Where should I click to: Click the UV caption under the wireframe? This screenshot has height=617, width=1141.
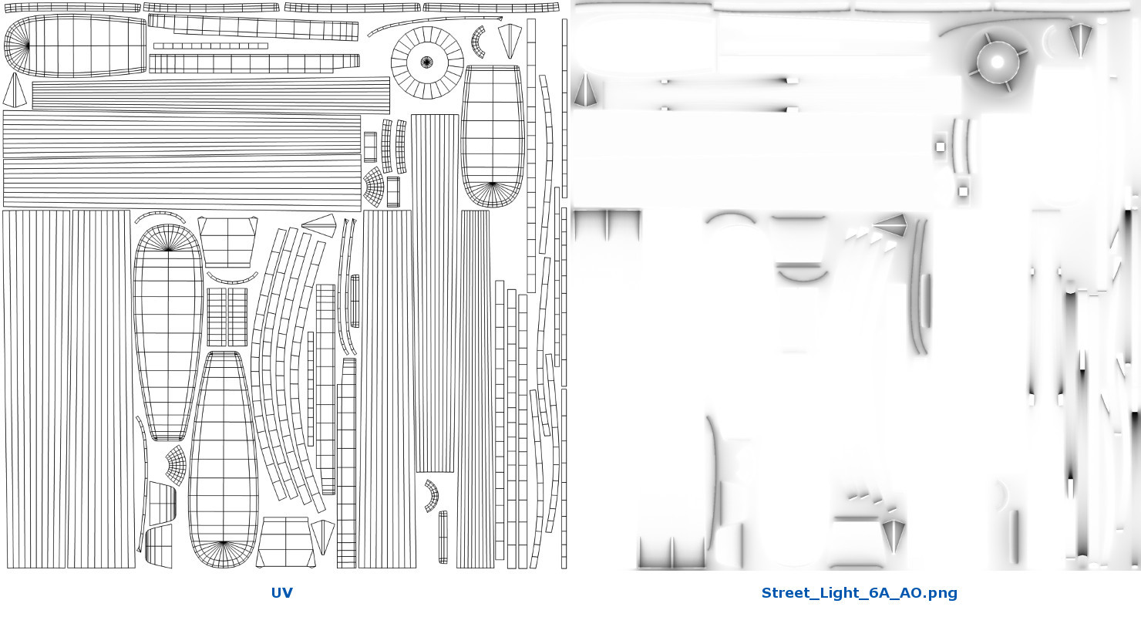click(281, 592)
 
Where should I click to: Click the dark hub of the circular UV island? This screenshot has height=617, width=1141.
click(427, 62)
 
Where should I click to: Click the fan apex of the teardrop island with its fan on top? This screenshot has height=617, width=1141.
click(168, 249)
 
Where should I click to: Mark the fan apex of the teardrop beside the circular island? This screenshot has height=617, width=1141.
click(493, 184)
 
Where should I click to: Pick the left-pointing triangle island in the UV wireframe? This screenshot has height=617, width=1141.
click(319, 225)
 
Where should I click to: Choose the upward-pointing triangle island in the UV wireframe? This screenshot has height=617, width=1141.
click(14, 92)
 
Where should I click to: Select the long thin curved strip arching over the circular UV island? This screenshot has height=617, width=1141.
click(433, 22)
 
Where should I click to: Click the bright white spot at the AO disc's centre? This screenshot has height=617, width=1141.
click(998, 62)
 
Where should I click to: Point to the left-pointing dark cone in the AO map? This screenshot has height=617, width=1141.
click(890, 224)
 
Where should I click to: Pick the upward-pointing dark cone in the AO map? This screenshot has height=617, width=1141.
click(585, 92)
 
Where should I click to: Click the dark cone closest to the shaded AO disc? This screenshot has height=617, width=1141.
click(1080, 39)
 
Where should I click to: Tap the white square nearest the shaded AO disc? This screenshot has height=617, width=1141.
click(941, 147)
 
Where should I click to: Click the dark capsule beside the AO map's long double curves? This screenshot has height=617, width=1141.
click(926, 301)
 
